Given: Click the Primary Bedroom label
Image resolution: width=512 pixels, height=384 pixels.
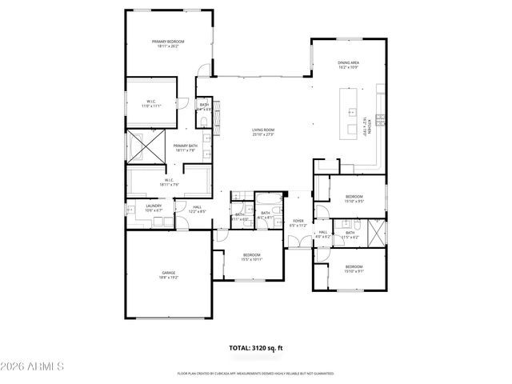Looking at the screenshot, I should click(169, 43).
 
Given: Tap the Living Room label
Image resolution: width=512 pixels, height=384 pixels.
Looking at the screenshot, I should click(263, 132).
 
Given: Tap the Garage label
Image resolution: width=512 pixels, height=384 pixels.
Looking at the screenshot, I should click(169, 274).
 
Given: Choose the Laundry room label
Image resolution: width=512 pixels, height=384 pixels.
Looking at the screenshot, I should click(154, 208).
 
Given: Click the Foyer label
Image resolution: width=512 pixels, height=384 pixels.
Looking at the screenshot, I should click(298, 223).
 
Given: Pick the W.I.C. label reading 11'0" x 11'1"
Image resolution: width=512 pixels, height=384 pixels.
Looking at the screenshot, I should click(151, 102).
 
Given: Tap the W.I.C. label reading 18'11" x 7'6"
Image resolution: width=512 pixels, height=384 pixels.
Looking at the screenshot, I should click(169, 182).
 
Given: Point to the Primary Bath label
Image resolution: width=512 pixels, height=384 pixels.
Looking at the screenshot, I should click(186, 147).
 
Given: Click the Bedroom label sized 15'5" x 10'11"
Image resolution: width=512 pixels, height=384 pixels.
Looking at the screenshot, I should click(252, 257).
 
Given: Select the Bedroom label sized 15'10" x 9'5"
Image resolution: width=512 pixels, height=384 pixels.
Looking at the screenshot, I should click(354, 199).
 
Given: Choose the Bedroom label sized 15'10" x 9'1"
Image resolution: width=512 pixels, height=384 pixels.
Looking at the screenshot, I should click(354, 268).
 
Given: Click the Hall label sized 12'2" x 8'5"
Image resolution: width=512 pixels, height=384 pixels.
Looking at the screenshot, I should click(197, 210).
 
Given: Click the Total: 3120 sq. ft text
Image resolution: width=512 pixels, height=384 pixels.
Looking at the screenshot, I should click(256, 349).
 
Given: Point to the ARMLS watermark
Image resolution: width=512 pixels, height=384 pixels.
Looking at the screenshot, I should click(32, 366).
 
